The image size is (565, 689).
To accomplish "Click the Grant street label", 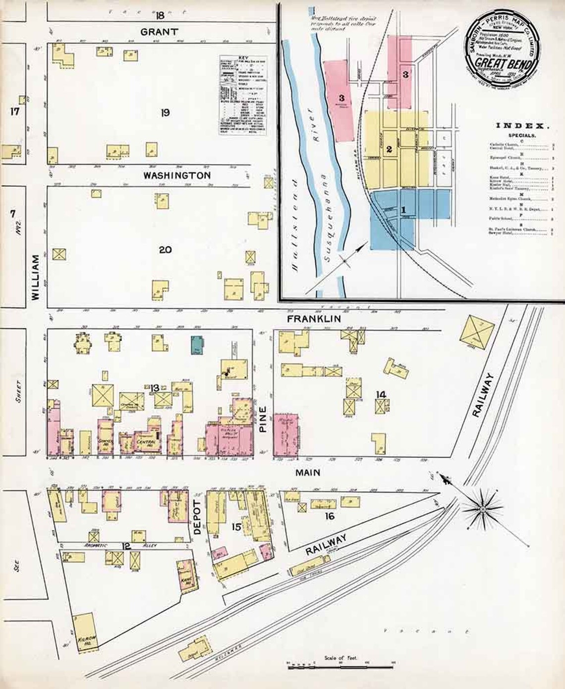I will coord(159,32).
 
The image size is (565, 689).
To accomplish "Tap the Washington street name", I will coord(177,175).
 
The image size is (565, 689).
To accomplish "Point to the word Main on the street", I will coord(308,473).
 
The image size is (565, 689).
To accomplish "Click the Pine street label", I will coord(263,420).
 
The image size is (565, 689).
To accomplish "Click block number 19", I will coord(165,113).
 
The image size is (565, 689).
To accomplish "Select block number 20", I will coord(165,249).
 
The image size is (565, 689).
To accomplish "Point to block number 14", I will coord(381,394).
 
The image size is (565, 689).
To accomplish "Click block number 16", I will coord(330,516).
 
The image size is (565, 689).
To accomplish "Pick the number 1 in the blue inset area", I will coord(403,210).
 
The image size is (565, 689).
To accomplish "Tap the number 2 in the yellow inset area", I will coord(390,149).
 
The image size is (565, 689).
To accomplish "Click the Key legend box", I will coord(243,95).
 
